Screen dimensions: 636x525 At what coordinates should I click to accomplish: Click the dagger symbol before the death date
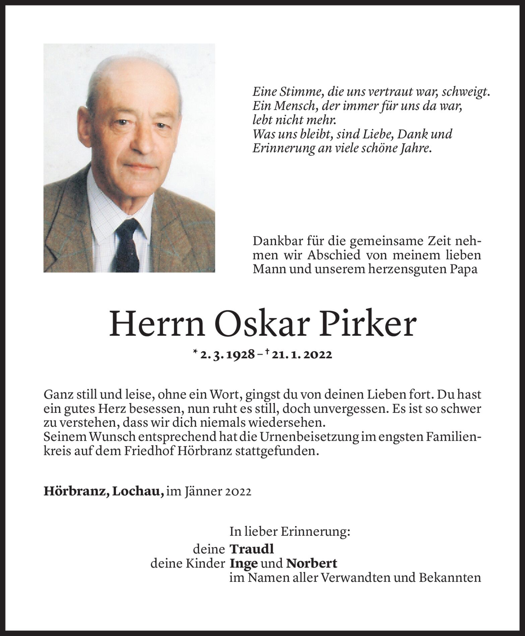coord(268,353)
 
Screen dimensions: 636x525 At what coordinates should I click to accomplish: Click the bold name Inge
coord(244,564)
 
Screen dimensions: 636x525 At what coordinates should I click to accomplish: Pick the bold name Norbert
coord(311,564)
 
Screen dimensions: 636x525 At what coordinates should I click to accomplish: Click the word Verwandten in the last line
coord(356,578)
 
